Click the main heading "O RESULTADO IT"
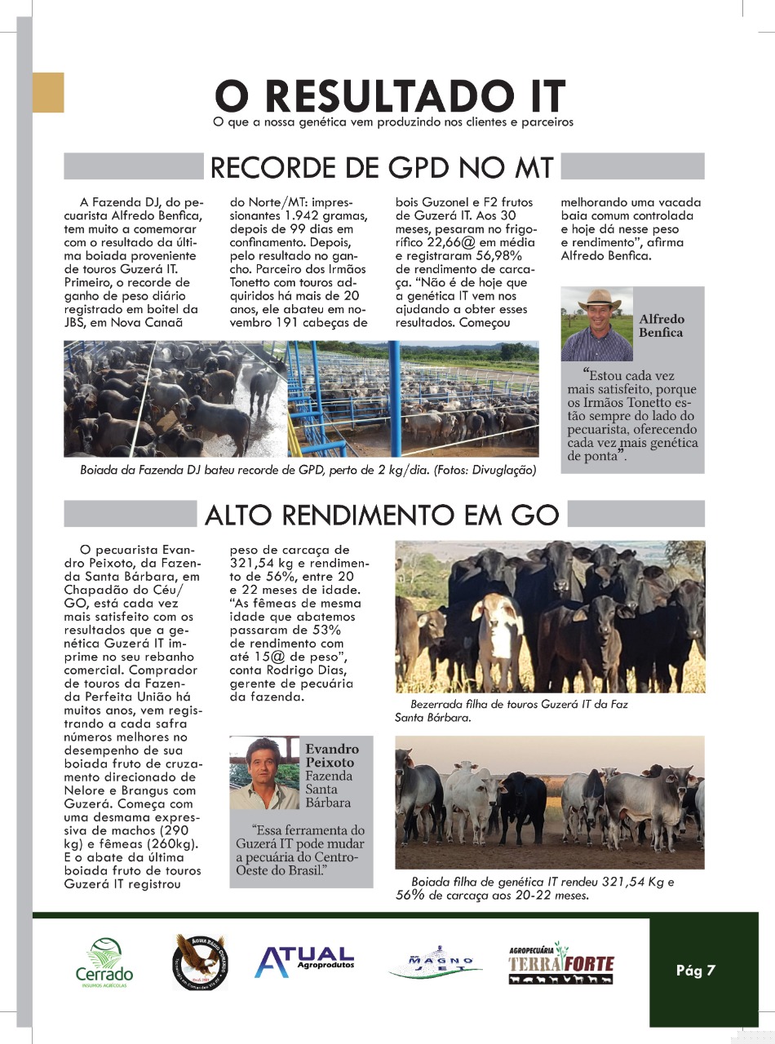(x=390, y=96)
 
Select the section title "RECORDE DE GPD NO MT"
(x=382, y=167)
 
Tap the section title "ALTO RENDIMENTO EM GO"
(x=382, y=515)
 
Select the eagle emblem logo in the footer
(x=200, y=959)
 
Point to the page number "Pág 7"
(x=695, y=971)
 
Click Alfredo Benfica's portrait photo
(x=596, y=325)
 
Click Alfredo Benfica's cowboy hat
(x=599, y=299)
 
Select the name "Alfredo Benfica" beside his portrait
(x=662, y=326)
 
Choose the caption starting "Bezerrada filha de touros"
(x=511, y=710)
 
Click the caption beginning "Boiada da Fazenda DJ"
(x=308, y=471)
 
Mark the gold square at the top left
(x=48, y=91)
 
